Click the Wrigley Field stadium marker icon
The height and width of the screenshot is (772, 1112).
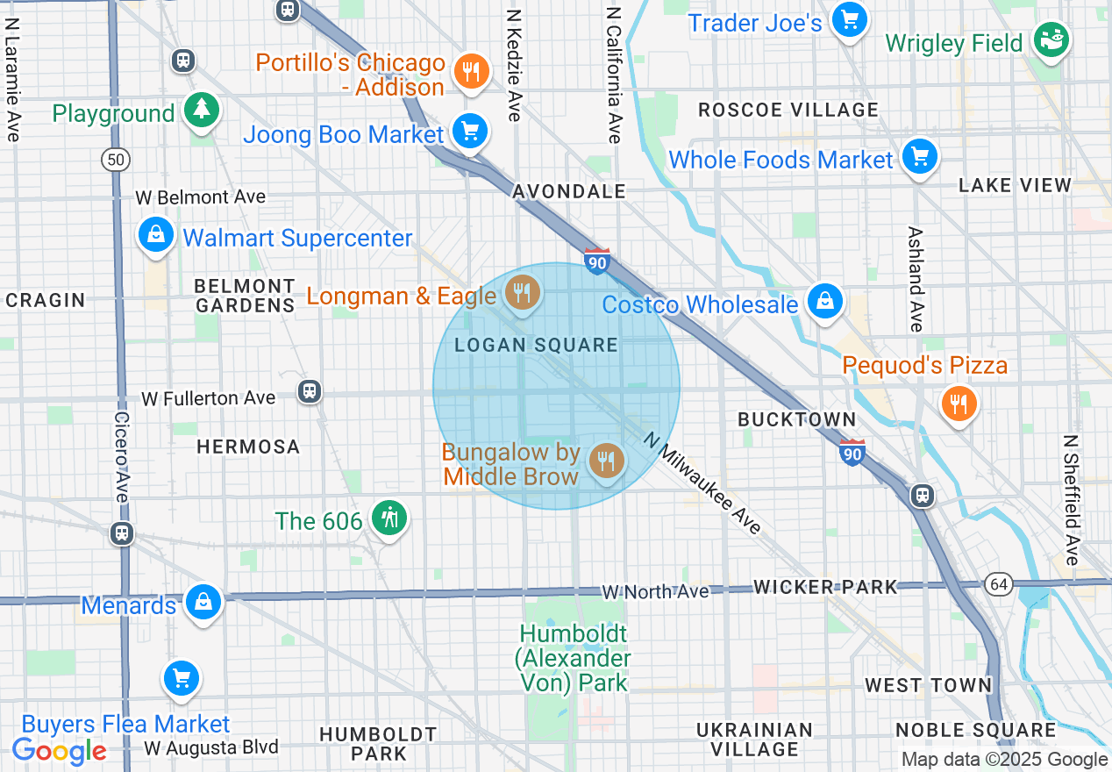click(1050, 39)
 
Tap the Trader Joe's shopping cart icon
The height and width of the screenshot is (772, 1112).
click(849, 19)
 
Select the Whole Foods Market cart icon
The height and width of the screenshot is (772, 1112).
click(918, 158)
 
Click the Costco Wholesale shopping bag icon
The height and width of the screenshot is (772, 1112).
click(824, 302)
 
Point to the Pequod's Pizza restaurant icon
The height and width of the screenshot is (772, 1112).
click(959, 404)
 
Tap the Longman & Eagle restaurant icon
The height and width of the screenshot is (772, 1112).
click(523, 292)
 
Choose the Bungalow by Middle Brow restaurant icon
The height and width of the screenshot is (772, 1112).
click(605, 460)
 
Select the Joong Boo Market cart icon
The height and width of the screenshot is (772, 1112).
click(470, 132)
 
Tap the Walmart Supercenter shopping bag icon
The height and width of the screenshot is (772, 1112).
click(155, 235)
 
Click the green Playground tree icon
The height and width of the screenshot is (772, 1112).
click(203, 111)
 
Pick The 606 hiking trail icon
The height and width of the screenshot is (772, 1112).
click(388, 518)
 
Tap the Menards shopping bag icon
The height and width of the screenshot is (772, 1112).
click(203, 603)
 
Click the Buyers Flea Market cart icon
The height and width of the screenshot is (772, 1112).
click(182, 678)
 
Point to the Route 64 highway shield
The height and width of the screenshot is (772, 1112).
click(998, 584)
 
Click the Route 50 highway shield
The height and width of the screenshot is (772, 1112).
click(115, 159)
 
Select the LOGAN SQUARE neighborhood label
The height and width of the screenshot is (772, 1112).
click(536, 345)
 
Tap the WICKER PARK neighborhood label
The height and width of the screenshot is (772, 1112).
click(825, 587)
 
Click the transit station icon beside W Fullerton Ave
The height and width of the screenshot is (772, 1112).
click(309, 391)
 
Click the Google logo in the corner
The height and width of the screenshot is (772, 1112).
click(59, 751)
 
